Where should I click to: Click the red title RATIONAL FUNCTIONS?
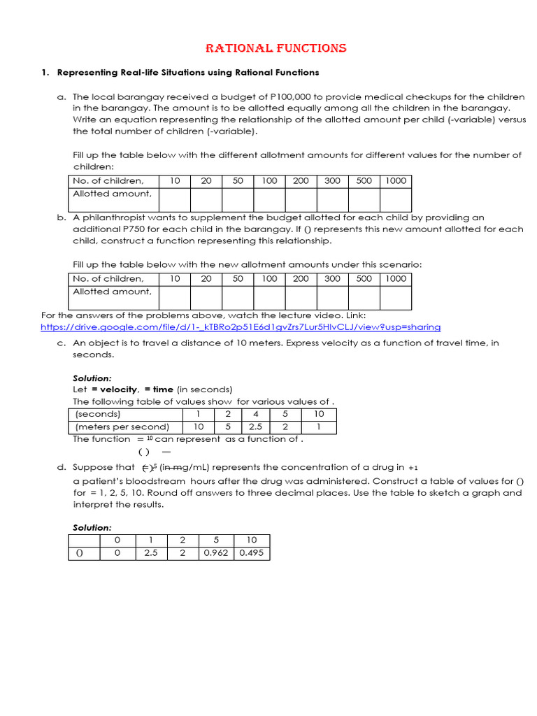point(275,48)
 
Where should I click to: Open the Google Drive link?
point(241,327)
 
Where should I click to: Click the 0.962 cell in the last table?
point(215,553)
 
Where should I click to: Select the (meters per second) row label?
point(122,427)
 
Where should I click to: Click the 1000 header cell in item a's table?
point(395,180)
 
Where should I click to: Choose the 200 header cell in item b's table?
point(301,278)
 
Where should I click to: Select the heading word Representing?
point(89,72)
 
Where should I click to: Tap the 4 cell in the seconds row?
point(256,414)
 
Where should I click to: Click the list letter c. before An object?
point(62,343)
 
